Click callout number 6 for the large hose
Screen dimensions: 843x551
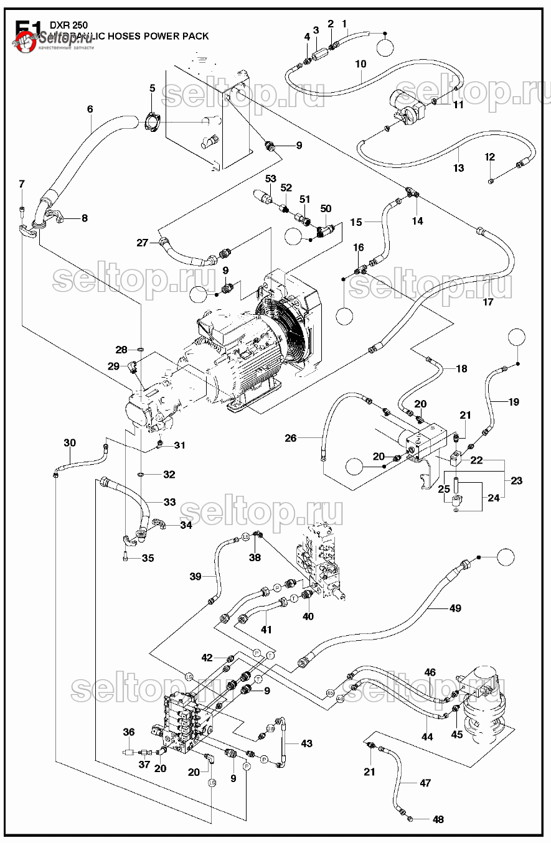(x=90, y=109)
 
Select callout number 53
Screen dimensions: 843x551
(x=270, y=179)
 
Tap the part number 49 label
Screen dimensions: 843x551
(x=455, y=608)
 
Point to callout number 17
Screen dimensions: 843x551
(x=488, y=302)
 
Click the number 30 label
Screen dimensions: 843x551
(x=70, y=443)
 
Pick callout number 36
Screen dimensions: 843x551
(x=128, y=732)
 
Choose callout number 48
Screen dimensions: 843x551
(x=438, y=819)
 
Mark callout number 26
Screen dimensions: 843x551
(x=291, y=438)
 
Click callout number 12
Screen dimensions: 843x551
(x=490, y=157)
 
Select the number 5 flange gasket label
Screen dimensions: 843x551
(x=152, y=88)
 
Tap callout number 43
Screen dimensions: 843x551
(x=306, y=743)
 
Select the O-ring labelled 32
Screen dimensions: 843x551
(x=142, y=475)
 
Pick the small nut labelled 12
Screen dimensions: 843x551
(x=491, y=180)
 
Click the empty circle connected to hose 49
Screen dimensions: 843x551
(x=506, y=558)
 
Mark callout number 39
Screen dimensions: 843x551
(x=195, y=577)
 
